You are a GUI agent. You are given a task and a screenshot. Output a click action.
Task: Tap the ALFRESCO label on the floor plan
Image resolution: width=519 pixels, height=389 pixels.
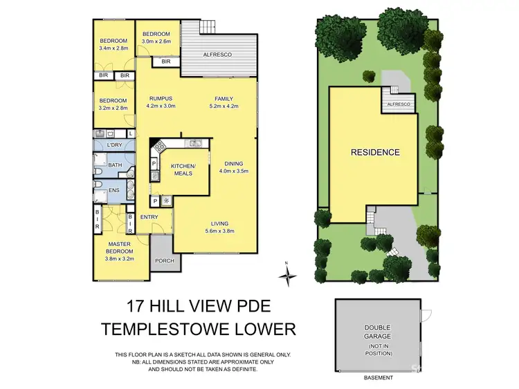pyautogui.click(x=217, y=53)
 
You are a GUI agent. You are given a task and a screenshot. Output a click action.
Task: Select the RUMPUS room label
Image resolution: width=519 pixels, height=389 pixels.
pyautogui.click(x=161, y=98)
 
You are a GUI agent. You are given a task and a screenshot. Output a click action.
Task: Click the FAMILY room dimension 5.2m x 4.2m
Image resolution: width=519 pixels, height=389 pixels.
pyautogui.click(x=224, y=106)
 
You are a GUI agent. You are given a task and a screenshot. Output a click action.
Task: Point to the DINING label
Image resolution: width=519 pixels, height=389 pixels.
pyautogui.click(x=232, y=163)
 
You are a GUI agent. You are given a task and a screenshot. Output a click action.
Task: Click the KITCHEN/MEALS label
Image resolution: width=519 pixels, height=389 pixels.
pyautogui.click(x=184, y=170)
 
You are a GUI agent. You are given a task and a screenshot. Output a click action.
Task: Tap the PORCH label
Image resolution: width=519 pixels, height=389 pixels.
pyautogui.click(x=164, y=260)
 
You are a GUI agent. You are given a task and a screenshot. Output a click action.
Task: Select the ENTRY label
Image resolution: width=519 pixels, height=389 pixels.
pyautogui.click(x=149, y=217)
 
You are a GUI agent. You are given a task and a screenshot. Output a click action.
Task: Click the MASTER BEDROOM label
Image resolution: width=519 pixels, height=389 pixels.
pyautogui.click(x=118, y=247)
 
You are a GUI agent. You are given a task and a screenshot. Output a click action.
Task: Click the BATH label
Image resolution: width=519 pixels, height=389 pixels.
pyautogui.click(x=115, y=165)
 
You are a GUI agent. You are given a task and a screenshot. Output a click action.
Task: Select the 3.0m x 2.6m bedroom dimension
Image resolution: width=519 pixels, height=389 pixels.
pyautogui.click(x=156, y=41)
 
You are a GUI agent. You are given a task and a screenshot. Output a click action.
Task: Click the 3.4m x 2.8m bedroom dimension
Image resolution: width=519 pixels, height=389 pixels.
pyautogui.click(x=113, y=48)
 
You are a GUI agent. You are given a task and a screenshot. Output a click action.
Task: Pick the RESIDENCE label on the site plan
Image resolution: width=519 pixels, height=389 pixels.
pyautogui.click(x=374, y=152)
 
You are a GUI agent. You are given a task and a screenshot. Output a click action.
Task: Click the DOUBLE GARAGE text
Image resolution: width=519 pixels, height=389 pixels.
pyautogui.click(x=377, y=334)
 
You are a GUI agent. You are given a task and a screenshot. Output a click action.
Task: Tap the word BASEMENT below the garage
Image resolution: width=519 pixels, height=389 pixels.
pyautogui.click(x=378, y=378)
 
